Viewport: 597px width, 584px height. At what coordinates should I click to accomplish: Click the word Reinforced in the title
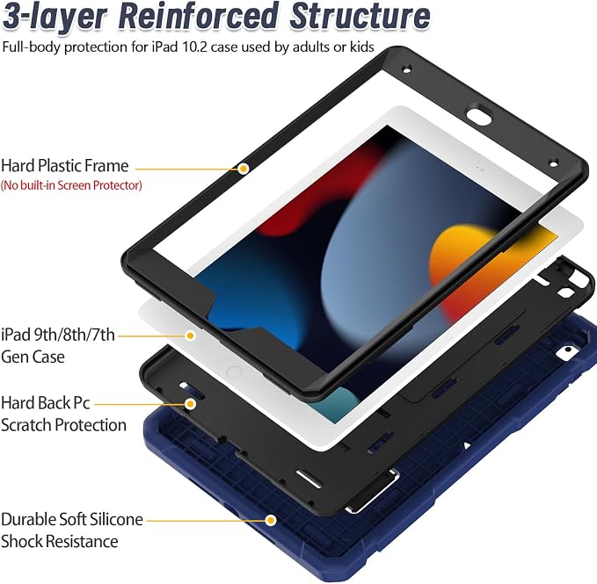198,17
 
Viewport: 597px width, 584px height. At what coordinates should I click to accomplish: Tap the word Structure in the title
360,17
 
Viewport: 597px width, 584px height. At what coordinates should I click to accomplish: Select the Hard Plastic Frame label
65,166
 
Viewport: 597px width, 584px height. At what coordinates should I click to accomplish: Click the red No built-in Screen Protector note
71,185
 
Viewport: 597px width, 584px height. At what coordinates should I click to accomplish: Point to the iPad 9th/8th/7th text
58,335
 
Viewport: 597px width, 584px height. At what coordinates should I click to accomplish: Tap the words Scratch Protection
63,425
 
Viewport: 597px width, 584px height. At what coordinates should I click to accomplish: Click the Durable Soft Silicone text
72,519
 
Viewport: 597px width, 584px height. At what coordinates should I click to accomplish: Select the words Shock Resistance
60,542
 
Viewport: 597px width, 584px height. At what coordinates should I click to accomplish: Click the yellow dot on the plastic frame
244,169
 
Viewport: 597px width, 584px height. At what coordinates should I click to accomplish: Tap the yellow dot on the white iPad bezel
191,335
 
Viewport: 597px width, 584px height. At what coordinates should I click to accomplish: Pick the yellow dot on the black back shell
191,404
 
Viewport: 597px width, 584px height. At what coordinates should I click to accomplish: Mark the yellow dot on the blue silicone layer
271,520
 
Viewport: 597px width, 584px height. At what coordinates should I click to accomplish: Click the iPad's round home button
233,371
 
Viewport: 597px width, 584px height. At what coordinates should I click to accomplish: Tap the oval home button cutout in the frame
478,116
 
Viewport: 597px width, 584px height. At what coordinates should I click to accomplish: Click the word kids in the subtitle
361,47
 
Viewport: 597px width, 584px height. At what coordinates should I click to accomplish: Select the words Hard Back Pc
46,403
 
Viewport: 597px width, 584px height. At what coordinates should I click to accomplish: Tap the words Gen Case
33,357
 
